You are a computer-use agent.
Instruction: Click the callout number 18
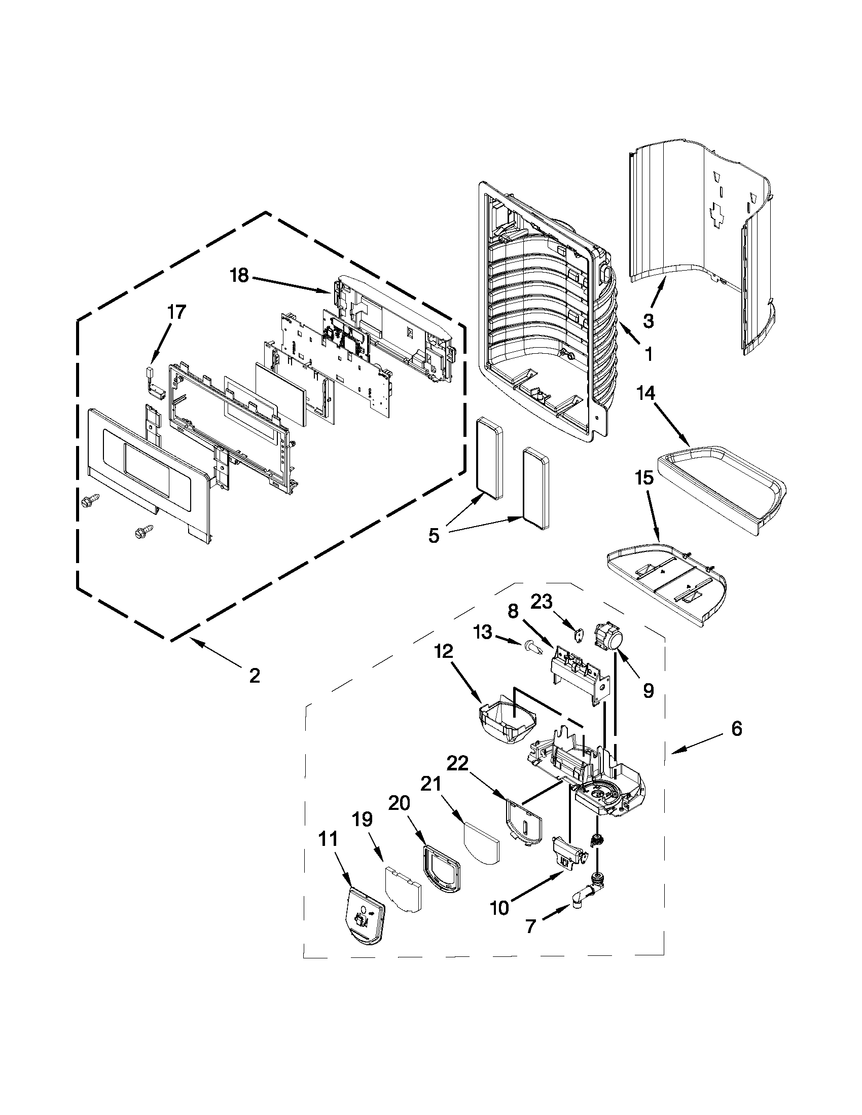[x=238, y=276]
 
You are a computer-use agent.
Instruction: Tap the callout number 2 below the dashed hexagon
[x=255, y=676]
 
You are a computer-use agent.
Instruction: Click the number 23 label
[x=541, y=603]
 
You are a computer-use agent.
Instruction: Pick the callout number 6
[x=736, y=729]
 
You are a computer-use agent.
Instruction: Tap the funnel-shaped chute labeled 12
[x=508, y=724]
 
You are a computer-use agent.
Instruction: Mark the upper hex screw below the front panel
[x=87, y=501]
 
